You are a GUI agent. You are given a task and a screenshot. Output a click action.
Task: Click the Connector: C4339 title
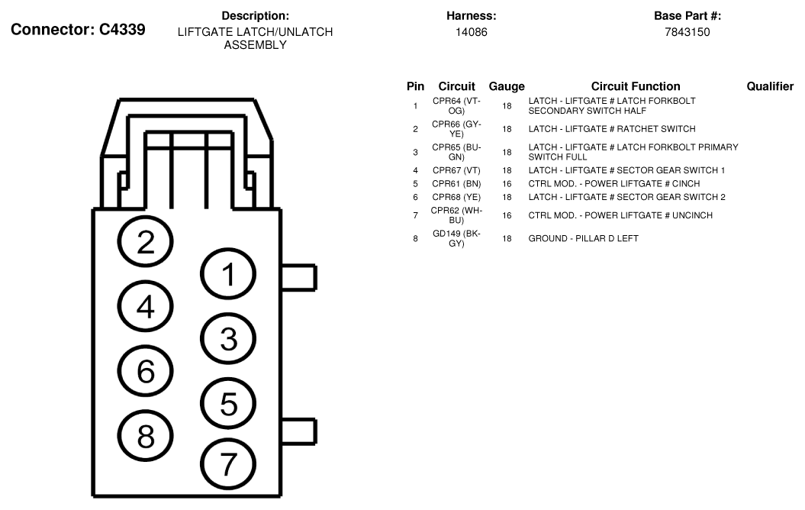coord(78,30)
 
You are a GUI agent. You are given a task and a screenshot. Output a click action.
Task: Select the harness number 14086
coord(472,32)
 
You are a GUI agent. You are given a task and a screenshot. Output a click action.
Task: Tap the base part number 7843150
coord(687,32)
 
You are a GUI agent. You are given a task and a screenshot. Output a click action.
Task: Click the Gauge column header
coord(507,86)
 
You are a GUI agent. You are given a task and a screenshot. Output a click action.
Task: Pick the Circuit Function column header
coord(636,86)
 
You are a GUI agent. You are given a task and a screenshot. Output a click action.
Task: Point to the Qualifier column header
coord(770,86)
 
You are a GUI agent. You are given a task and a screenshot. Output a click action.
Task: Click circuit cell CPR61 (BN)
coord(456,184)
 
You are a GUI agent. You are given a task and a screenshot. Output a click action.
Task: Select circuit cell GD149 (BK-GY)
coord(456,238)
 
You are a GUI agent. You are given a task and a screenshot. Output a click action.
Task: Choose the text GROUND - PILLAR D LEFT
coord(583,238)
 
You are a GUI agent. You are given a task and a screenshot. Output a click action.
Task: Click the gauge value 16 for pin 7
coord(507,216)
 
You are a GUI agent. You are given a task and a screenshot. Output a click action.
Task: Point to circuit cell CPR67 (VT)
coord(456,170)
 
